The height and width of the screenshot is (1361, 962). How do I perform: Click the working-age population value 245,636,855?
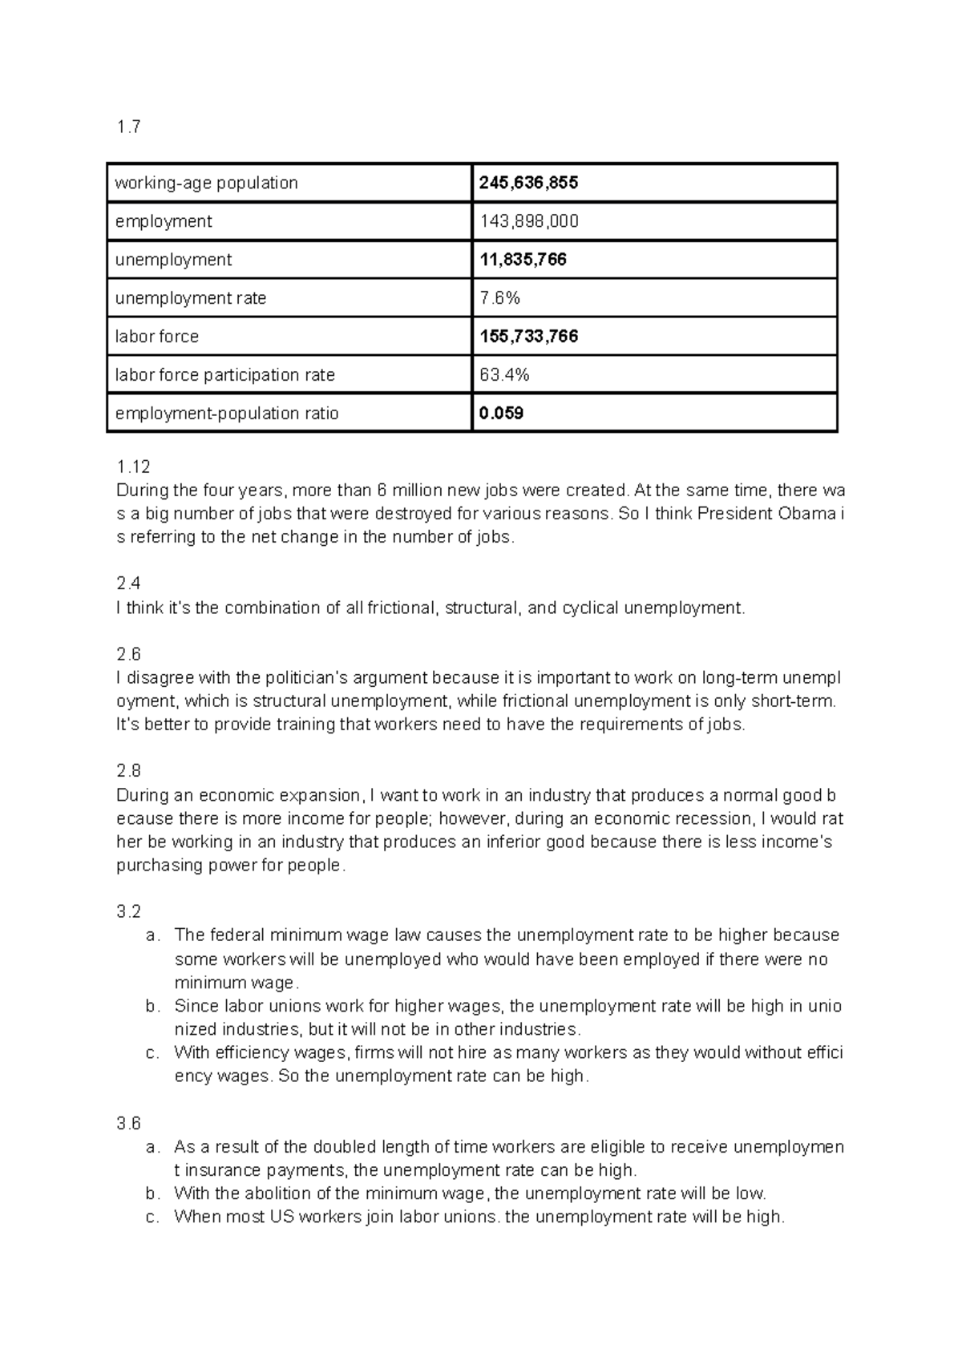click(x=528, y=183)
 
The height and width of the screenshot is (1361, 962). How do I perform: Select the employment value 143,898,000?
click(x=528, y=221)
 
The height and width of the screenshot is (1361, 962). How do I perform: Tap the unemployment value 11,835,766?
click(x=523, y=260)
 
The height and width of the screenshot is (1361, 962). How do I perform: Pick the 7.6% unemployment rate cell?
click(x=499, y=298)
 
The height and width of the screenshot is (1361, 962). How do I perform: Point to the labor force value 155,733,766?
click(x=528, y=337)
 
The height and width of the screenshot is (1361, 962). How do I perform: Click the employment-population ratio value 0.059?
click(x=501, y=414)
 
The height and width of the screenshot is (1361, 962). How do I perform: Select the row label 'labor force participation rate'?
click(x=225, y=375)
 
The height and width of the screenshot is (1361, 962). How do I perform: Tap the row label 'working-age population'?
click(x=207, y=183)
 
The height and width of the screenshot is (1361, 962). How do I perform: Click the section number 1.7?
click(x=128, y=127)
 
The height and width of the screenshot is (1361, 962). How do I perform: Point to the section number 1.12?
click(x=133, y=467)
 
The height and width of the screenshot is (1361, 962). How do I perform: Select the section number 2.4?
click(x=128, y=584)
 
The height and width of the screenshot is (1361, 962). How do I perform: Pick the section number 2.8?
click(x=128, y=771)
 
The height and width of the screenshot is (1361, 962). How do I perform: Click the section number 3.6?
click(x=128, y=1123)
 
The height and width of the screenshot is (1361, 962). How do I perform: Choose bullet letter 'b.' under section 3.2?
click(x=153, y=1007)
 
